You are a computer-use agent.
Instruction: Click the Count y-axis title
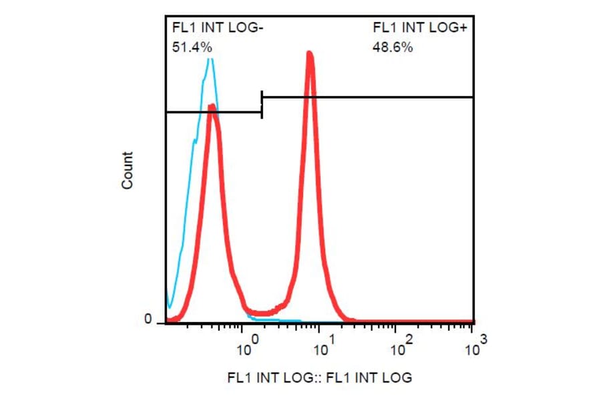(128, 171)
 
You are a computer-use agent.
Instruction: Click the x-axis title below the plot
(319, 377)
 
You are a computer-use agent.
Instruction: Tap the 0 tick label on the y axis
(148, 320)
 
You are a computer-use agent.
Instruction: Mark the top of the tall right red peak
(309, 53)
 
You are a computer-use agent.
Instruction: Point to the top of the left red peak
(212, 105)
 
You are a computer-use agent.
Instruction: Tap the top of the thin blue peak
(210, 59)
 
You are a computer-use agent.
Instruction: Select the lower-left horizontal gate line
(212, 112)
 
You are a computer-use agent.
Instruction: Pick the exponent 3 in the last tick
(483, 340)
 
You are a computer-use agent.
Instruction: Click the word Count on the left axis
(128, 171)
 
